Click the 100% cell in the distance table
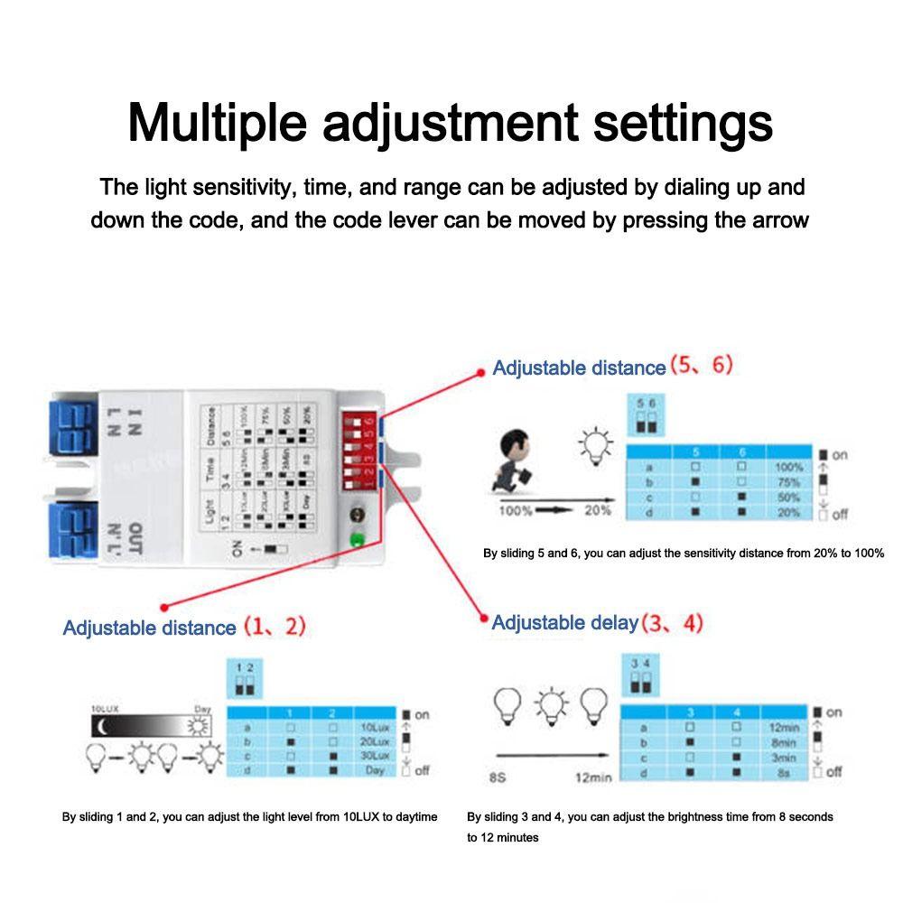[x=788, y=468]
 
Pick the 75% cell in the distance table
[x=788, y=482]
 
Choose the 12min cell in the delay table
[x=781, y=728]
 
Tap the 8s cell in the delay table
[x=781, y=774]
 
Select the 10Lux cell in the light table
[x=375, y=727]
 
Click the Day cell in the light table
[x=375, y=769]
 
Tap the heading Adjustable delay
[x=564, y=623]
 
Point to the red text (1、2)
[x=274, y=627]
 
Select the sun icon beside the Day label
[x=198, y=725]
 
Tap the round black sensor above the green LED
[x=356, y=517]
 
